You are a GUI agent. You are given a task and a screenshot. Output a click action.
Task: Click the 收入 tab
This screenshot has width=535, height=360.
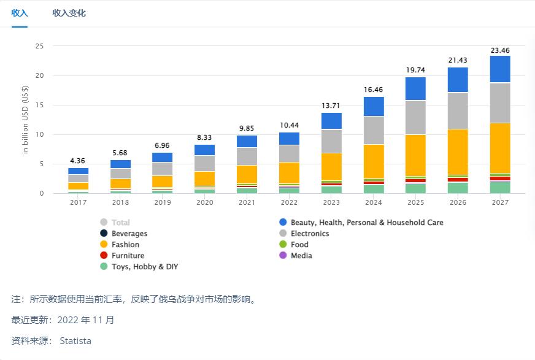click(20, 13)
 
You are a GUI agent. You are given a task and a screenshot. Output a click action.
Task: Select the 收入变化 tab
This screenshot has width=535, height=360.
click(69, 13)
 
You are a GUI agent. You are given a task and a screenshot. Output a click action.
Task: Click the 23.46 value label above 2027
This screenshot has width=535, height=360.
click(500, 50)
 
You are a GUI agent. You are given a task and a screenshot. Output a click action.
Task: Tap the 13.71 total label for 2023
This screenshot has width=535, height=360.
click(332, 106)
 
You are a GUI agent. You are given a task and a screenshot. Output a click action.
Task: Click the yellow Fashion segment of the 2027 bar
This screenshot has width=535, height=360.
click(500, 148)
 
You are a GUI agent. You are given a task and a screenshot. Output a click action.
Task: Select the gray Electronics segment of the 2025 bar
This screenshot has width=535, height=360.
click(416, 118)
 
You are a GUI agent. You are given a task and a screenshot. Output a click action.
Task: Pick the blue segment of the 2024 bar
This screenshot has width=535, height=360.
click(374, 106)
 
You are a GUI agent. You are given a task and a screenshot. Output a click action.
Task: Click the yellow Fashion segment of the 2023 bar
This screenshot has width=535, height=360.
click(332, 166)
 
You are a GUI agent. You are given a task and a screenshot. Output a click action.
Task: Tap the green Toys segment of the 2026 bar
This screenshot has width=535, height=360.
click(458, 188)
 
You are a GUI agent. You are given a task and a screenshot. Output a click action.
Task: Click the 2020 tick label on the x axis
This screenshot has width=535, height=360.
click(205, 202)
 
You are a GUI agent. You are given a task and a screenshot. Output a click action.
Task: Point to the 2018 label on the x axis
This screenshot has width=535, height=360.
click(121, 202)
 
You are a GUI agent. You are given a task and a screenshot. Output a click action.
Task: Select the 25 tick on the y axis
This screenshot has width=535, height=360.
click(39, 46)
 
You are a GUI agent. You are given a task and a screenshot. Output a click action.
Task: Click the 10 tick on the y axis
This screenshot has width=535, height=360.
click(39, 134)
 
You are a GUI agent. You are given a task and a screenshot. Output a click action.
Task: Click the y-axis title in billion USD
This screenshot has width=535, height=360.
click(25, 120)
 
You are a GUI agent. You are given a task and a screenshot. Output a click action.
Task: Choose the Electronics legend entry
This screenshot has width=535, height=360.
click(310, 234)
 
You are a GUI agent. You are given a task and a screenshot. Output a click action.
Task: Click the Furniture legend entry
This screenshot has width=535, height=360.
click(128, 256)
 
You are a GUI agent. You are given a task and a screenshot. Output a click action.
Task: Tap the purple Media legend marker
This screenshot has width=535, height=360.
click(283, 256)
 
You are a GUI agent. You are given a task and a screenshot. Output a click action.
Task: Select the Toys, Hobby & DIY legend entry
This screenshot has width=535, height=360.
click(144, 267)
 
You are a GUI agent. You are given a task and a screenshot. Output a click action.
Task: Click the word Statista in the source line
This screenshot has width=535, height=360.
click(75, 341)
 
